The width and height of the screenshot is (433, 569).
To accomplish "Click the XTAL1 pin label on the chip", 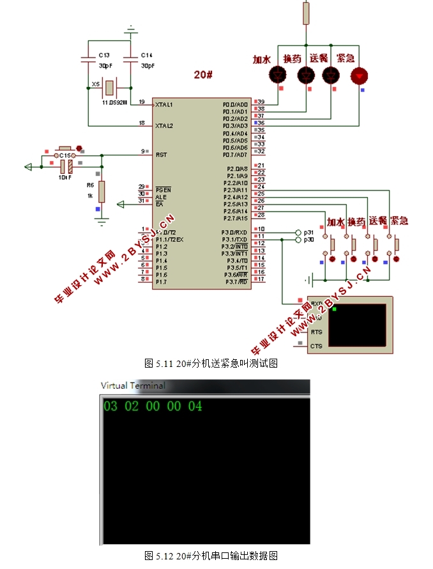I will tap(164, 104).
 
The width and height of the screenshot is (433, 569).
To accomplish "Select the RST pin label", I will tap(161, 154).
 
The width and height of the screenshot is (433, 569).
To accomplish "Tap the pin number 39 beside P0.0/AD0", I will tap(261, 104).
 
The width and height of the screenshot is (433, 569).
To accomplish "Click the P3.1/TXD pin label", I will tap(234, 239).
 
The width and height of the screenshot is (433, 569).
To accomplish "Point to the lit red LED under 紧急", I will tap(360, 76).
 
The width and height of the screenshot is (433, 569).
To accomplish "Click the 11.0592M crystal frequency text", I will tap(115, 102).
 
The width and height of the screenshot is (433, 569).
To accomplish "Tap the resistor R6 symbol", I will tap(101, 191).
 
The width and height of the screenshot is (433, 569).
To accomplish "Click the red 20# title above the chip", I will tap(204, 75).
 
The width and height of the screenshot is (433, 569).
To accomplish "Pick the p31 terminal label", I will tap(308, 232).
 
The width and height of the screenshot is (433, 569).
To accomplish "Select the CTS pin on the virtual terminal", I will tap(315, 346).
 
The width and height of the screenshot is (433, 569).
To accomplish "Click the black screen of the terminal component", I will tap(361, 324).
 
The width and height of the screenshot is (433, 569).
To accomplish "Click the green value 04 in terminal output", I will tap(195, 406).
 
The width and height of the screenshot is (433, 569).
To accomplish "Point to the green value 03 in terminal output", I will tap(110, 406).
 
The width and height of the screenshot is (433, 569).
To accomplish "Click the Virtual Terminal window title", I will tap(133, 386).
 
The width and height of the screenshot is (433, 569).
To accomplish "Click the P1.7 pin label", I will tap(161, 282).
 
